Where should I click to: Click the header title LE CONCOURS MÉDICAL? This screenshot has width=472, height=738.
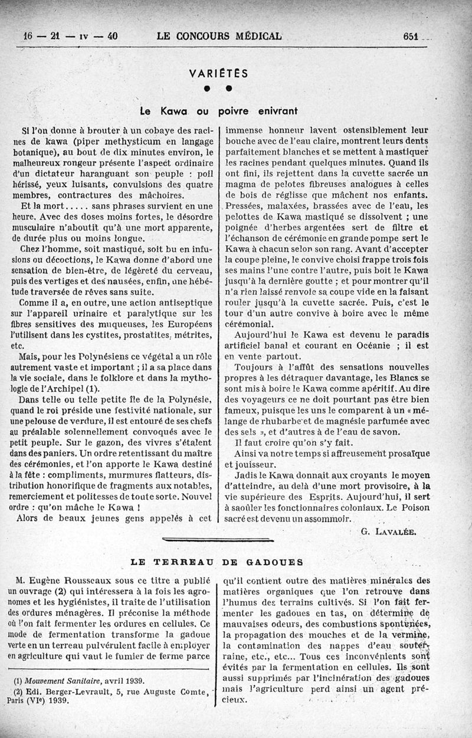[219, 36]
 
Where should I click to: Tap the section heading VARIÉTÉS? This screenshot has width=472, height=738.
[219, 74]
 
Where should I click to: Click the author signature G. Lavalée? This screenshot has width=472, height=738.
[388, 531]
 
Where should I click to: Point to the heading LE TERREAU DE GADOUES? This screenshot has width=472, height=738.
[217, 561]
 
